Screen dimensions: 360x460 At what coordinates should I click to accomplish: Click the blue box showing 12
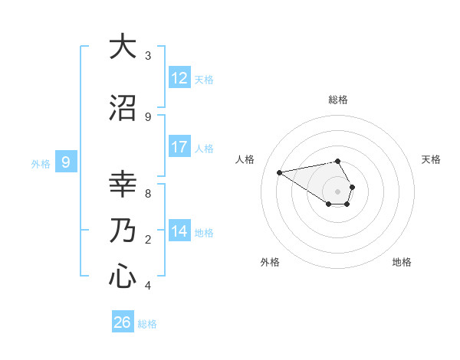[x=179, y=78]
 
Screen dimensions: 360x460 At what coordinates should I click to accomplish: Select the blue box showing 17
[x=179, y=147]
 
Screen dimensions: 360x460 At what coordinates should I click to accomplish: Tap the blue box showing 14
[x=179, y=231]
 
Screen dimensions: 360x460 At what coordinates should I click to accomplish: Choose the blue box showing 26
[x=123, y=322]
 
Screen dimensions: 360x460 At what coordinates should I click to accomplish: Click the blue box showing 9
[x=66, y=162]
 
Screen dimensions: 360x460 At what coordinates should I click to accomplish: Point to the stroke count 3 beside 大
[x=148, y=56]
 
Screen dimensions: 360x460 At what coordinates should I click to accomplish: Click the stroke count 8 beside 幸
[x=148, y=193]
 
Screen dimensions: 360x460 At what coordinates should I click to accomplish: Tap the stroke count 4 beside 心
[x=148, y=286]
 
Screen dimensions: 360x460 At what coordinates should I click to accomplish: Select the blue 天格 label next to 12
[x=204, y=79]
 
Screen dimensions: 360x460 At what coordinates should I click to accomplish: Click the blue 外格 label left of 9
[x=41, y=163]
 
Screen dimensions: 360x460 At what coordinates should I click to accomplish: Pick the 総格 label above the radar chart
[x=338, y=100]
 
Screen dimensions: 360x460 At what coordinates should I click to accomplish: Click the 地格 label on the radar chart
[x=402, y=262]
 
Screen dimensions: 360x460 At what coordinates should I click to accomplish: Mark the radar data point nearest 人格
[x=280, y=172]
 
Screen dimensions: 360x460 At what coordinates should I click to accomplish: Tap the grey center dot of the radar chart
[x=338, y=191]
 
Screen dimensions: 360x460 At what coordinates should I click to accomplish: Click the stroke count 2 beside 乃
[x=148, y=240]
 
